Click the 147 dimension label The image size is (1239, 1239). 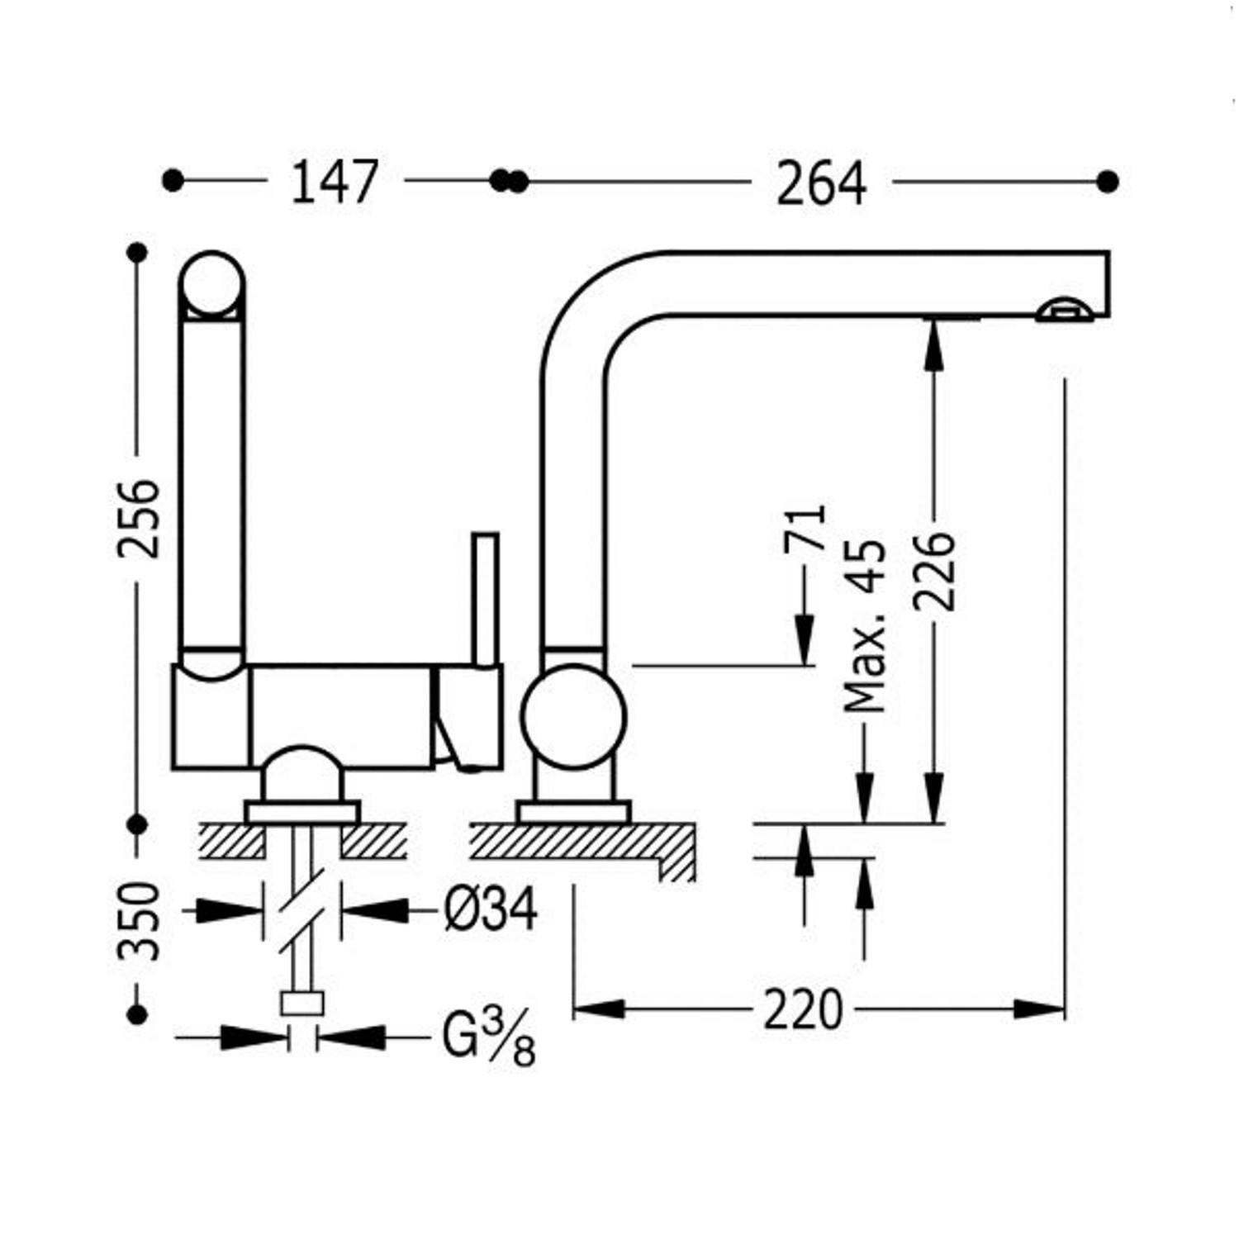click(335, 182)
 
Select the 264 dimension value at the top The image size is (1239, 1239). click(821, 183)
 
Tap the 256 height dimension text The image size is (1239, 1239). click(138, 518)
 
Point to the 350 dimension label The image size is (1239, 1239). click(138, 921)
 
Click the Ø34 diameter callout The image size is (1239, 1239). click(491, 909)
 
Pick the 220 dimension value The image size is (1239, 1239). click(802, 1009)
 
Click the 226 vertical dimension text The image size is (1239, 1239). click(934, 571)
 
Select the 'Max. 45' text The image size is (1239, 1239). click(865, 625)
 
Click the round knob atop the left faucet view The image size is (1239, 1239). click(211, 283)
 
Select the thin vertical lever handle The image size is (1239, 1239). click(485, 598)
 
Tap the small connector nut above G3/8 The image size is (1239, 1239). click(302, 1003)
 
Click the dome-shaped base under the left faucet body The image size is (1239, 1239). click(302, 774)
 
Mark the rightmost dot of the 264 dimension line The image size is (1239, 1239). click(1108, 181)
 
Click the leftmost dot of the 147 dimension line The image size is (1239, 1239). click(173, 181)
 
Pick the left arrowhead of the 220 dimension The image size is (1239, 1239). click(598, 1009)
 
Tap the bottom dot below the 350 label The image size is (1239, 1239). click(138, 1014)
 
